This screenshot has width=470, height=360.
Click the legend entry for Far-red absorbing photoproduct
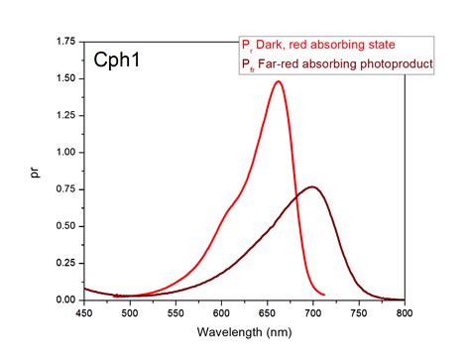[337, 63]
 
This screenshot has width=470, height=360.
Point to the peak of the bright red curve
[278, 82]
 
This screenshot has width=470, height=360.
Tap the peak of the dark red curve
[312, 186]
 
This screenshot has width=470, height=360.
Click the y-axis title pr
[38, 172]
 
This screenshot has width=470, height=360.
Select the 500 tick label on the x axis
[130, 313]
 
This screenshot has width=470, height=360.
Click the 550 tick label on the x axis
[176, 313]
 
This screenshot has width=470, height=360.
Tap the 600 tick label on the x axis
[221, 313]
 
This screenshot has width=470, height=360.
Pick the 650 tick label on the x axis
[267, 313]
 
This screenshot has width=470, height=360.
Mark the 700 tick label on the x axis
[312, 313]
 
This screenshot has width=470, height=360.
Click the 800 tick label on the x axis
[404, 313]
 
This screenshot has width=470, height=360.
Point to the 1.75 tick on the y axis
[64, 42]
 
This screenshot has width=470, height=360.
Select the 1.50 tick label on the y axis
[64, 78]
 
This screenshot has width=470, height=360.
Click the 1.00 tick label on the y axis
[64, 153]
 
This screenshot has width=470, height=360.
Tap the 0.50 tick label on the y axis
[64, 226]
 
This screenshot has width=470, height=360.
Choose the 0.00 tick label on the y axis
[64, 300]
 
